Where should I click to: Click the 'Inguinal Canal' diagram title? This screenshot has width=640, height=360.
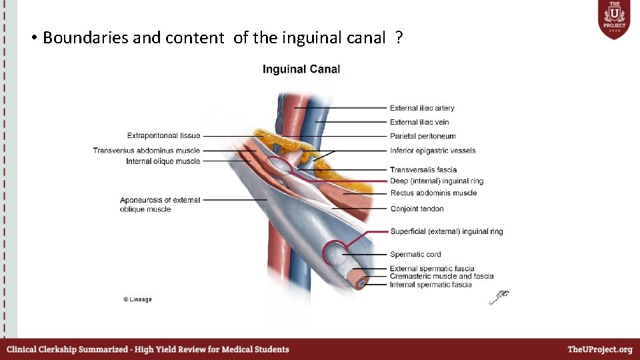click(301, 69)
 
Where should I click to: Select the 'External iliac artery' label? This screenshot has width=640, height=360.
click(422, 108)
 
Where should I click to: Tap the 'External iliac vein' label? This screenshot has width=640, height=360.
click(419, 122)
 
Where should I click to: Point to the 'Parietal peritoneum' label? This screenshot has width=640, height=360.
click(423, 137)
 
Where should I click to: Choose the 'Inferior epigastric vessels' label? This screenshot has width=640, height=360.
click(433, 151)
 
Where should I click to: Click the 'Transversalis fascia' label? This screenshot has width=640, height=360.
click(423, 170)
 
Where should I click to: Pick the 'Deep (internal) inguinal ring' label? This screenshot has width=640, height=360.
click(437, 181)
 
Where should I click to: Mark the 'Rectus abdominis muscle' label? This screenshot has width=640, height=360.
click(433, 193)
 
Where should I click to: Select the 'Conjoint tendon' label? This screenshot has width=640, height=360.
click(417, 209)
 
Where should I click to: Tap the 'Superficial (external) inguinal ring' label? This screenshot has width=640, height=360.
click(446, 231)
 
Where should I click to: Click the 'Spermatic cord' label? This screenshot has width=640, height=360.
click(415, 254)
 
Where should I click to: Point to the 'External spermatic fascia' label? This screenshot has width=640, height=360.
click(432, 269)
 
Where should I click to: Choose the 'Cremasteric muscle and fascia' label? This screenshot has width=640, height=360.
click(441, 276)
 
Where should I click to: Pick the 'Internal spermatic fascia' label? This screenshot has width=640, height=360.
click(431, 285)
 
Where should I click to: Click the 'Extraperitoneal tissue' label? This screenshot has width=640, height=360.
click(163, 136)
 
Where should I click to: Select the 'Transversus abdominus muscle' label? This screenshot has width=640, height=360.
click(147, 151)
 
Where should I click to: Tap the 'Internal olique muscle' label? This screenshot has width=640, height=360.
click(163, 161)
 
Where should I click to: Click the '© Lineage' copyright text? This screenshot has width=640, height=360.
click(137, 299)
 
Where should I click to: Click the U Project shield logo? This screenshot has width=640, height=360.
click(613, 20)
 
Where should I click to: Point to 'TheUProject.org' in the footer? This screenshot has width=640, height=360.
click(599, 349)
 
